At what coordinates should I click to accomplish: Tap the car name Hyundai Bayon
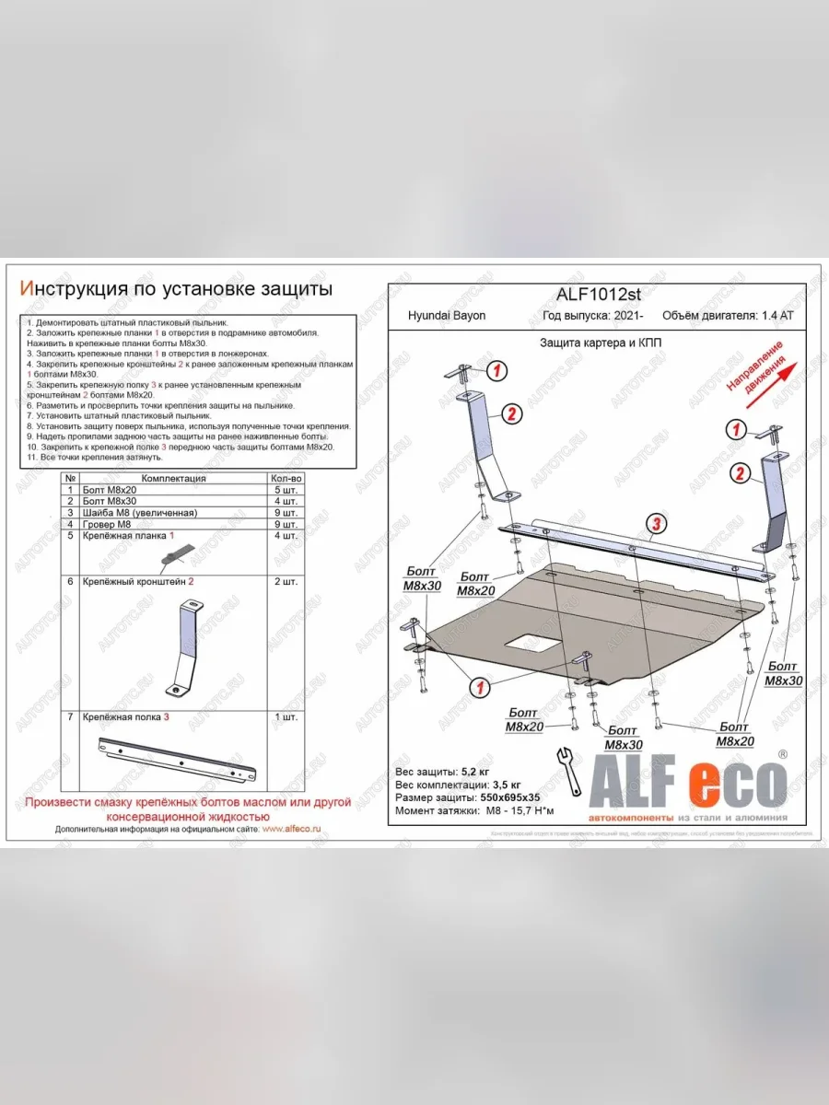click(447, 315)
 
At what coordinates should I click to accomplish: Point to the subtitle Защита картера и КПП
click(600, 343)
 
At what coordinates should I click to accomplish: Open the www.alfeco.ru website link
click(291, 829)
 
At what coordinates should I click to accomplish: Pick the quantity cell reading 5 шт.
click(286, 489)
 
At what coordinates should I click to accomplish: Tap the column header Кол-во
click(286, 478)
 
